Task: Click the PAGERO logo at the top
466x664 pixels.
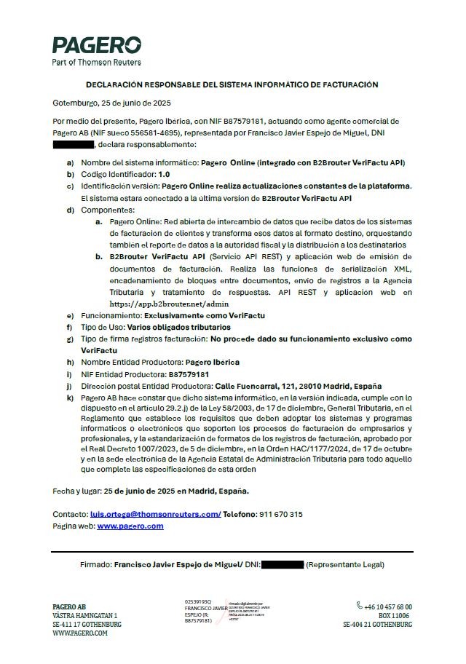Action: tap(97, 45)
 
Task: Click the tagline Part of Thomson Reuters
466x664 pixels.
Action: tap(97, 63)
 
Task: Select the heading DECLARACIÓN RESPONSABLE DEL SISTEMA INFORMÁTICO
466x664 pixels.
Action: tap(232, 85)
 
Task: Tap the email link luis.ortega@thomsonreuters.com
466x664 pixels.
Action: tap(155, 514)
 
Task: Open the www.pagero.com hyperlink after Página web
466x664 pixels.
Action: tap(130, 526)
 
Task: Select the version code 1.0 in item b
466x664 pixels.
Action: tap(164, 175)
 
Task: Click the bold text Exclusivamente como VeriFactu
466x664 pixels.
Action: tap(204, 315)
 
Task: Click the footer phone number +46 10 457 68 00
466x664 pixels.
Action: tap(388, 606)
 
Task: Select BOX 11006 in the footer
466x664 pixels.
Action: tap(396, 615)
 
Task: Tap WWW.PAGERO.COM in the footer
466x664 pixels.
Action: tap(79, 633)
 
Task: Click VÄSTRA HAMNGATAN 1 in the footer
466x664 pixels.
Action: tap(84, 616)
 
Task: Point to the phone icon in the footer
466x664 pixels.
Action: tap(360, 606)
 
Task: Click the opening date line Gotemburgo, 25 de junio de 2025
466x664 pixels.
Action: tap(111, 103)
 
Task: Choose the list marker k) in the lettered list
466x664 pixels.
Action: tap(70, 398)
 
